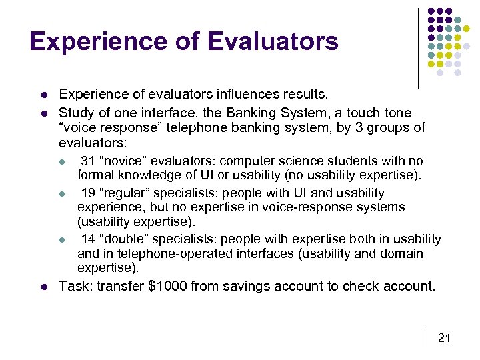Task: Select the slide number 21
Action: (444, 338)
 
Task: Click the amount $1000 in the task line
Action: (169, 287)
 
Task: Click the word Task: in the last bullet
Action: (76, 287)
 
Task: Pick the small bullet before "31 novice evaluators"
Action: (62, 162)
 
